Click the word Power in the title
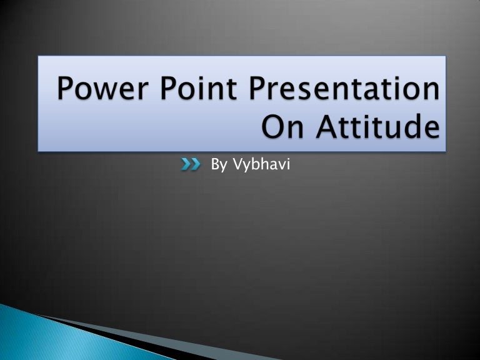[x=101, y=90]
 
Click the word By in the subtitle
[x=219, y=165]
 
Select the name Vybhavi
[x=261, y=165]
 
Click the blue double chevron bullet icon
[x=191, y=164]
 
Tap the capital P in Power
[x=67, y=90]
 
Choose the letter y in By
[x=223, y=167]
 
